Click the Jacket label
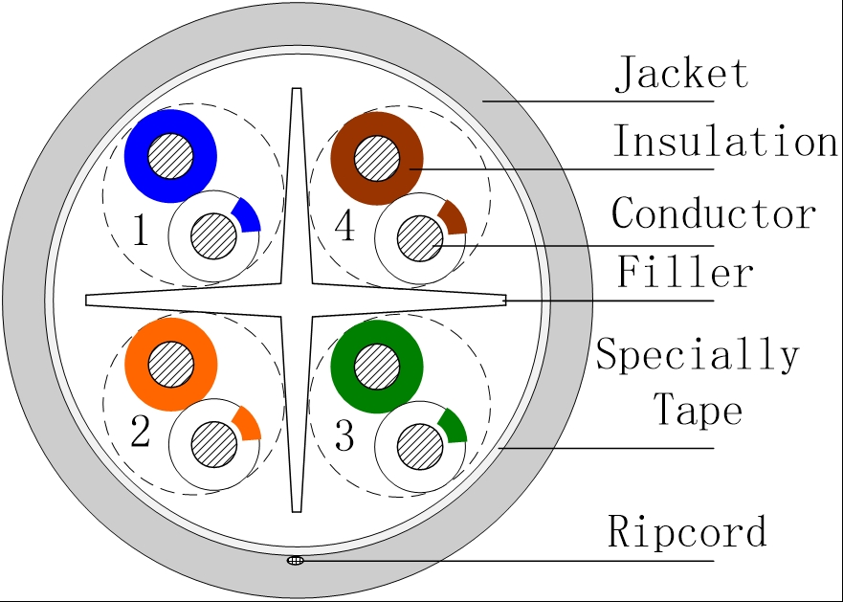click(681, 73)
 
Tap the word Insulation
click(725, 141)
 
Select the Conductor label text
click(714, 213)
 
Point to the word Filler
click(684, 272)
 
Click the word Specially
click(698, 354)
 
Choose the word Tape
click(698, 410)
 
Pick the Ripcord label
click(687, 531)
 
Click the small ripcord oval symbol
click(295, 561)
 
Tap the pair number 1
click(141, 230)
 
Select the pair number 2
click(141, 432)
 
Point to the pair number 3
click(344, 435)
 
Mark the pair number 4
click(344, 226)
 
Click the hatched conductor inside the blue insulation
click(170, 156)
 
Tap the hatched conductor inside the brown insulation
click(377, 159)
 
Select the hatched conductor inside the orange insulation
click(171, 365)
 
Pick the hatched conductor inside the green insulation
click(377, 367)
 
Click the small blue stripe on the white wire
click(248, 216)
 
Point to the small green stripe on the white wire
click(454, 427)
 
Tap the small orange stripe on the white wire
click(248, 424)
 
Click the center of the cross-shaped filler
click(297, 301)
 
